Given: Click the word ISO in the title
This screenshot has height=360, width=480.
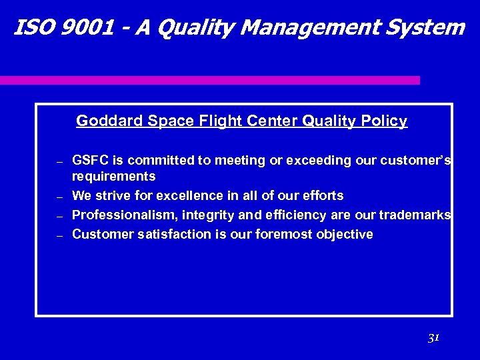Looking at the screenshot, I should (30, 27).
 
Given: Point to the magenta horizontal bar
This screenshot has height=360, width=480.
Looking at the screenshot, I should (209, 80).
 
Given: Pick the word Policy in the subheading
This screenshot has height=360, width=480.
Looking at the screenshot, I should (384, 121).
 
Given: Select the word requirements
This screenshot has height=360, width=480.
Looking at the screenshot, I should (113, 177).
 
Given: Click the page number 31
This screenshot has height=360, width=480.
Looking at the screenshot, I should (433, 338).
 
